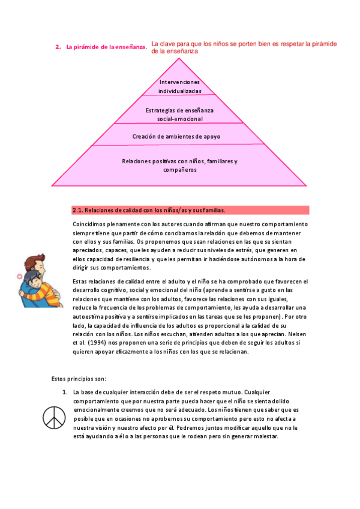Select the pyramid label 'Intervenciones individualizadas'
pos(179,86)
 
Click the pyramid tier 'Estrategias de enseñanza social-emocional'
pos(179,115)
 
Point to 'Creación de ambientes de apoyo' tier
pos(176,136)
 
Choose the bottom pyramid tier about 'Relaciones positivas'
pos(179,165)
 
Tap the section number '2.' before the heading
pos(58,47)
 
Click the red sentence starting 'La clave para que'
pos(244,47)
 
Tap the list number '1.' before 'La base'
pos(65,392)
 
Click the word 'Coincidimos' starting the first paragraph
pos(89,224)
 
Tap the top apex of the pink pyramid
pos(179,60)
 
